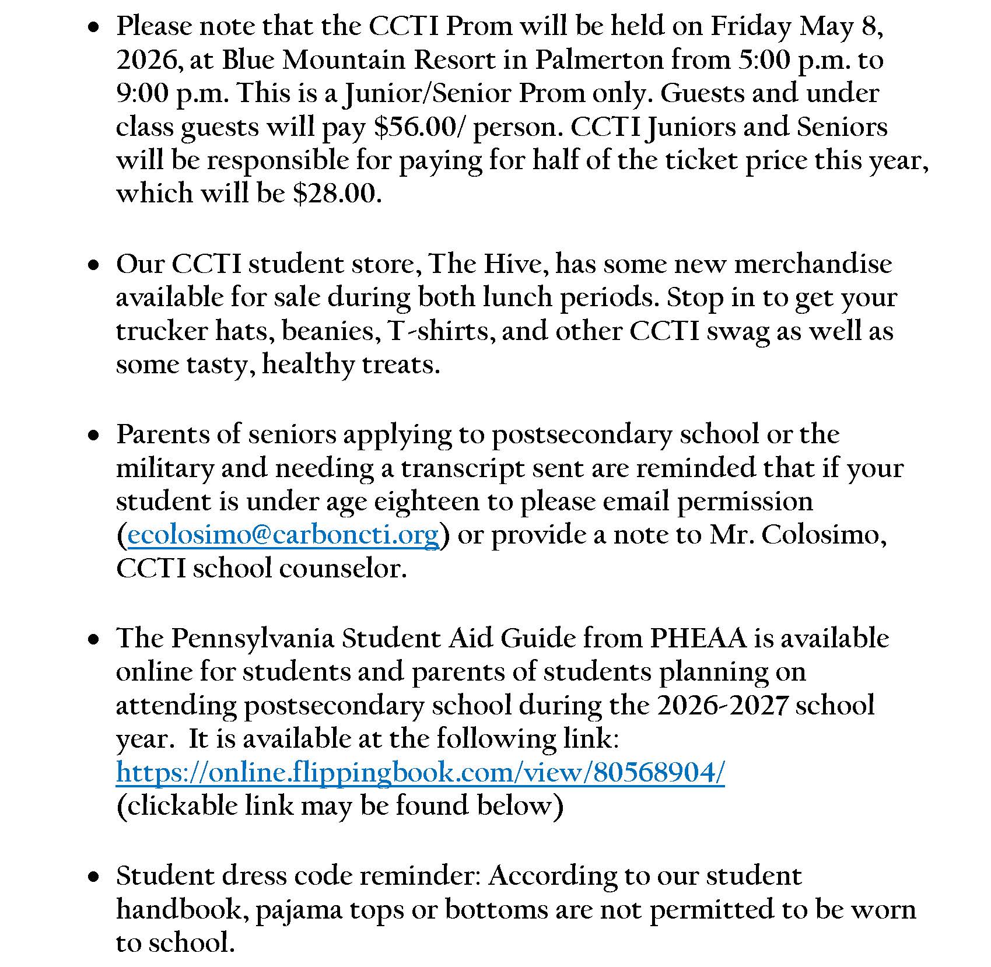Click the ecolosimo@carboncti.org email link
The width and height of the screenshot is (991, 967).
click(283, 535)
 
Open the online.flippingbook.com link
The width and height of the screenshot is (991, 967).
click(420, 773)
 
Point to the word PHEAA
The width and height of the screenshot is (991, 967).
click(698, 638)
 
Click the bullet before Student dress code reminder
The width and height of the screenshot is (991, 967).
click(93, 877)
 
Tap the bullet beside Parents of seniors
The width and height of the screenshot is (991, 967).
click(93, 435)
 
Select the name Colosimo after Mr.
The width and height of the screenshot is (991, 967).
click(822, 535)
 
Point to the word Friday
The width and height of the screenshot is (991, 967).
click(751, 27)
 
